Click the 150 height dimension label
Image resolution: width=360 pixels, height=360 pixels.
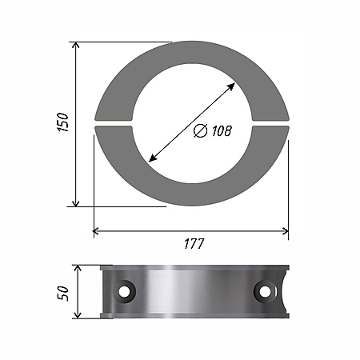tap(63, 122)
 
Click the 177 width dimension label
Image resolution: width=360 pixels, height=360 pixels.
tap(194, 244)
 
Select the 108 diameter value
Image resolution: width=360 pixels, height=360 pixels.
tap(222, 130)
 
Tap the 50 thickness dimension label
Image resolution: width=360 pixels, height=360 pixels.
tap(63, 294)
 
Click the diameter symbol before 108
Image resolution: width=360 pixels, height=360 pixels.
tap(200, 130)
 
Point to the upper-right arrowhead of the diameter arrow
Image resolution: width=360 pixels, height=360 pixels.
tap(231, 86)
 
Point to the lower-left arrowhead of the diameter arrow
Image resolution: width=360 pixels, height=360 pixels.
tap(153, 158)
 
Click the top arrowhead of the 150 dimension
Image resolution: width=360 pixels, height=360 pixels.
tap(76, 46)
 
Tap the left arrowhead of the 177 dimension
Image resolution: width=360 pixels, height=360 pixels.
tap(96, 231)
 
